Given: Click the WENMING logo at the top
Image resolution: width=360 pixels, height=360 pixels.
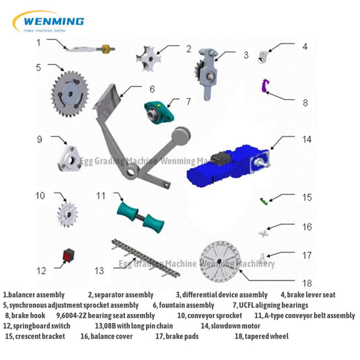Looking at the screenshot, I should (x=50, y=22).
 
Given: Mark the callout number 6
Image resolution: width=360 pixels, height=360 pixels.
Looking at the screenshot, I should (x=153, y=88).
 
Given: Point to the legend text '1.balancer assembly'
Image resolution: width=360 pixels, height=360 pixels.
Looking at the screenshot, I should (x=34, y=294).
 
